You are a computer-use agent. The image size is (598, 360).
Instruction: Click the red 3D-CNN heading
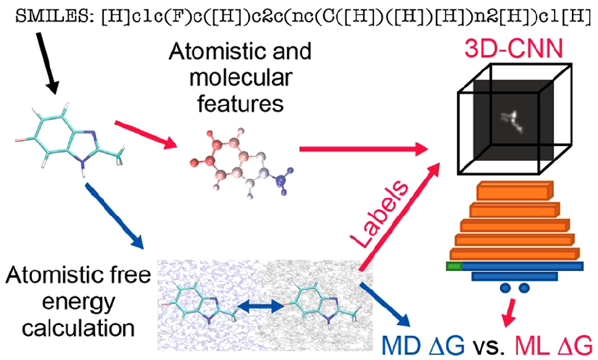point(514,49)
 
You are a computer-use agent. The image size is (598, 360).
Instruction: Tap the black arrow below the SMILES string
point(49,63)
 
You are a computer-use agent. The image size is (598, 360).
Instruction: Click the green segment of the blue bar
point(454,266)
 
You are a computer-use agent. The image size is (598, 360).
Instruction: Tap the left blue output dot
point(506,287)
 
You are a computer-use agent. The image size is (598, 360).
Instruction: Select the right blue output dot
point(524,287)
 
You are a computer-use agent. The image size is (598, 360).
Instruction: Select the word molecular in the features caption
point(241,77)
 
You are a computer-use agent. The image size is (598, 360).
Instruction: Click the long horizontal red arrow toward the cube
point(364,149)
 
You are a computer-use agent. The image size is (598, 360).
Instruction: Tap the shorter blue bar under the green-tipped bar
point(515,276)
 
